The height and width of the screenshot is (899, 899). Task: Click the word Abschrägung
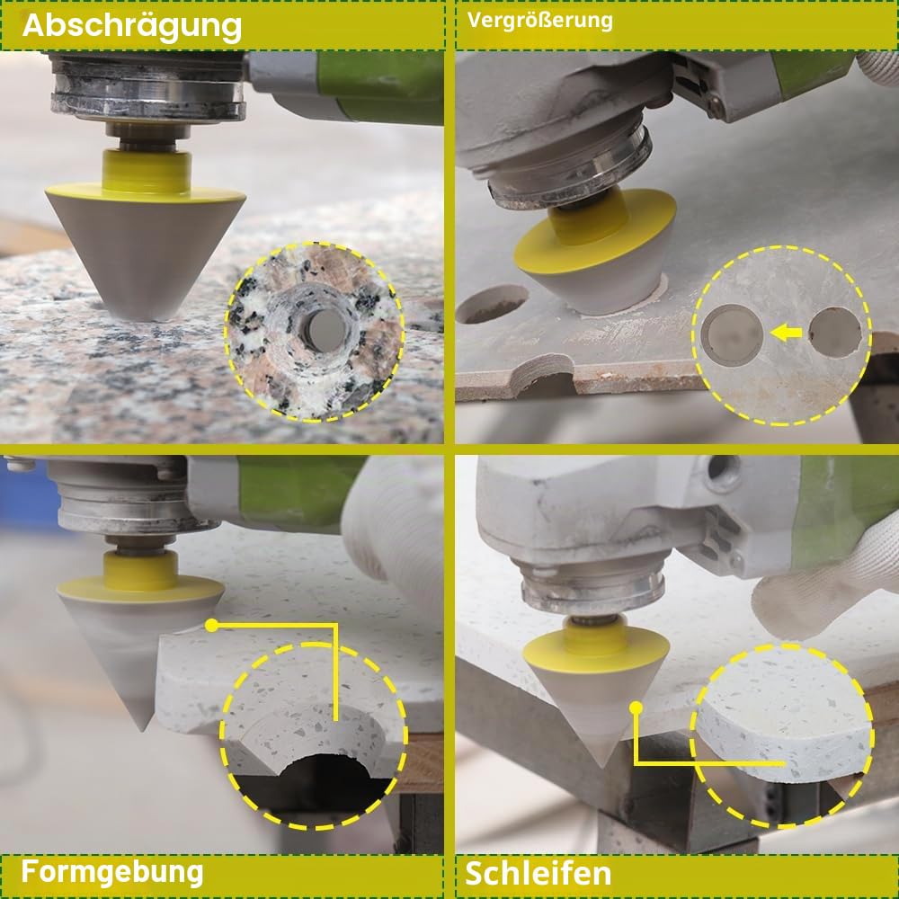[x=132, y=26]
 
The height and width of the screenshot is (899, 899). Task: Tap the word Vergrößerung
[x=539, y=21]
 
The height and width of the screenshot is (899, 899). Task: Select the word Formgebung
[x=112, y=873]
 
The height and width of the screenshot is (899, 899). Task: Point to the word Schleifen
[x=538, y=873]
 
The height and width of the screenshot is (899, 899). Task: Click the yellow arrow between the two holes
[x=786, y=332]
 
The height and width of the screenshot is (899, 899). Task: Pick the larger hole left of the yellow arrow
[x=732, y=334]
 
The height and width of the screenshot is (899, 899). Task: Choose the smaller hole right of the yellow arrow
[x=835, y=333]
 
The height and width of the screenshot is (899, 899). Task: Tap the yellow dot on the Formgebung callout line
[x=211, y=626]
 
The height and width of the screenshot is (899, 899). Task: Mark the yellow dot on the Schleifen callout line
[x=636, y=708]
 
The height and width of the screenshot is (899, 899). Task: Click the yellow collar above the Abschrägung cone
[x=147, y=172]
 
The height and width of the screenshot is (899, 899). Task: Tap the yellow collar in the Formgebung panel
[x=140, y=571]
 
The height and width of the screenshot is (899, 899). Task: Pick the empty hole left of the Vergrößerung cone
[x=493, y=303]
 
